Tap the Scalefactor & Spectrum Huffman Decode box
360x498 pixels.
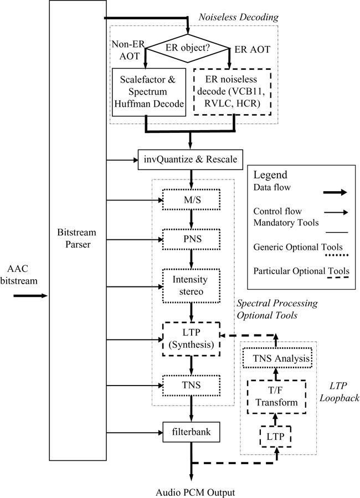click(148, 92)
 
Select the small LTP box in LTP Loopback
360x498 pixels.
click(275, 437)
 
